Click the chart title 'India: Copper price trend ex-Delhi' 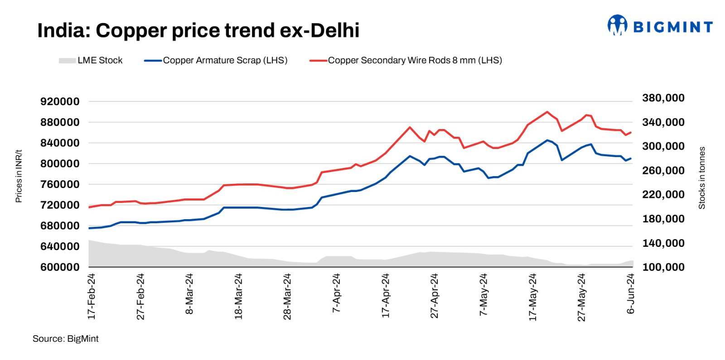198,31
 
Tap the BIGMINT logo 660,26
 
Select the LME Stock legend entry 91,60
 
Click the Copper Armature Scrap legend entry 216,60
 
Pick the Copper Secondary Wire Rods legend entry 406,60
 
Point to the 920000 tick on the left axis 60,101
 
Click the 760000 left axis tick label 60,184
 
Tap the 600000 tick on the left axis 60,267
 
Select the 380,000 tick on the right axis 663,98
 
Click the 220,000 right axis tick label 663,195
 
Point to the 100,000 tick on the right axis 663,267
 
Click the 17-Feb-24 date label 92,297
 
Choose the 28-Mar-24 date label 287,297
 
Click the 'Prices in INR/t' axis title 19,176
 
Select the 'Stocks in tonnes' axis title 702,178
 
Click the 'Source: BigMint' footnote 65,339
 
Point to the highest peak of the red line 547,112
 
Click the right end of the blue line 631,158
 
